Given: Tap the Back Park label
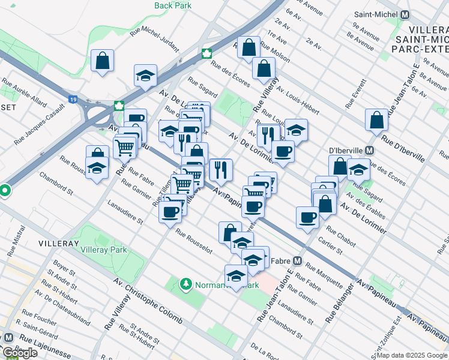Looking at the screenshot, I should [172, 5].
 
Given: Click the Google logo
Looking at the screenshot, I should [20, 353].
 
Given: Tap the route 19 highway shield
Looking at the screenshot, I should [73, 100].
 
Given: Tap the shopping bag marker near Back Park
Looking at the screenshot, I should [103, 61].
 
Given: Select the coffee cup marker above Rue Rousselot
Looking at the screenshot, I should [171, 212].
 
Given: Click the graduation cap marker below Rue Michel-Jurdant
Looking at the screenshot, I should [145, 76].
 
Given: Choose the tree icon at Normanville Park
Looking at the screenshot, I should [186, 283].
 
